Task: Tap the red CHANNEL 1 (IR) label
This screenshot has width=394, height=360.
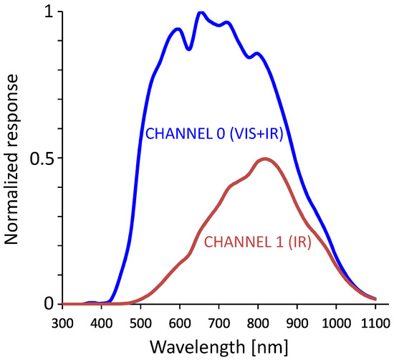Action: (x=257, y=242)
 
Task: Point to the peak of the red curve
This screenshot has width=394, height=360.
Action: (x=265, y=158)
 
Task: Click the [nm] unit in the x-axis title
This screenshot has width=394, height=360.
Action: (x=266, y=347)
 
